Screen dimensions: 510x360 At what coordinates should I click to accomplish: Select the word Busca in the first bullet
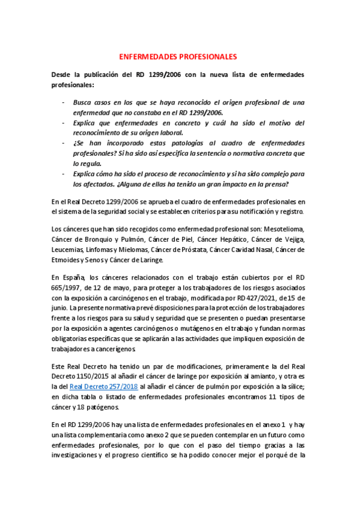pos(84,102)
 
